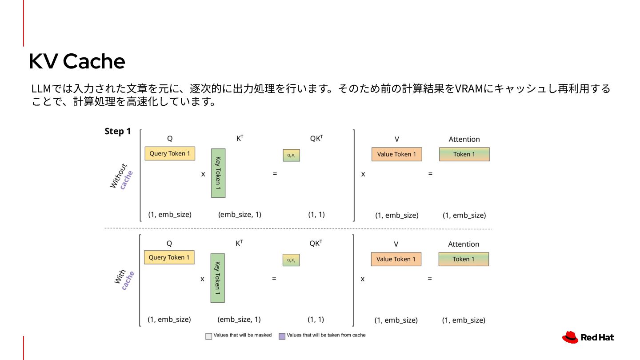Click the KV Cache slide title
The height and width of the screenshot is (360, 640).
point(76,61)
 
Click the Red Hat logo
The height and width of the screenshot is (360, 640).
point(588,337)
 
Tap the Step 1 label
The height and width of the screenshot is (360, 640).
point(117,131)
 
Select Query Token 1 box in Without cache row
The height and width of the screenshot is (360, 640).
point(170,153)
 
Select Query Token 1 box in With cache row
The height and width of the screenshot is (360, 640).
point(169,257)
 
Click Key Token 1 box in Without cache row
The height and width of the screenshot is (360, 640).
point(218,173)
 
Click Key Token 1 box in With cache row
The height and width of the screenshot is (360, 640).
point(217,278)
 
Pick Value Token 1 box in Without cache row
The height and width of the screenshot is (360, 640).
point(396,154)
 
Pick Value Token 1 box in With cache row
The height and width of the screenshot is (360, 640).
point(396,259)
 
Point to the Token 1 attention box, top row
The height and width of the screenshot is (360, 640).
point(464,154)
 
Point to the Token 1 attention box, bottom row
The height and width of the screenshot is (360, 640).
point(464,259)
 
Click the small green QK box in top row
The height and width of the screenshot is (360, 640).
point(291,155)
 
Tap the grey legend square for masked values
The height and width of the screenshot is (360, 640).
point(208,336)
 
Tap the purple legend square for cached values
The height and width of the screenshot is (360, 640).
point(282,336)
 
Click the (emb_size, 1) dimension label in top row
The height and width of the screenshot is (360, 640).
point(240,214)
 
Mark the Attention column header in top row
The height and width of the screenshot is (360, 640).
point(464,139)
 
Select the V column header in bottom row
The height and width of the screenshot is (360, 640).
point(396,244)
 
